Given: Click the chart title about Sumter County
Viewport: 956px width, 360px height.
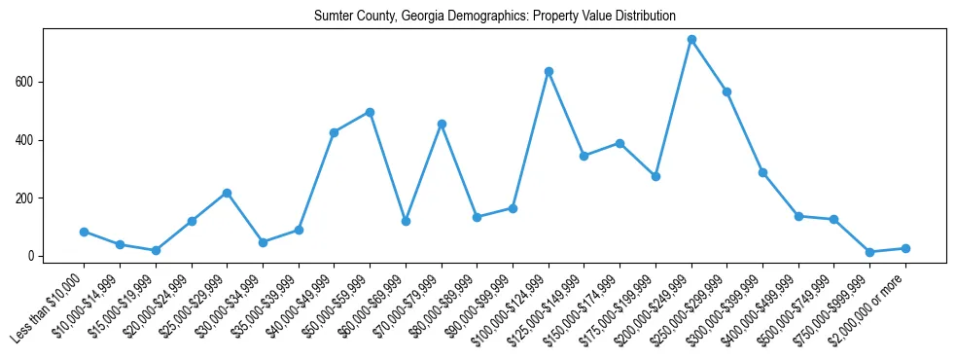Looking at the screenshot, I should (494, 17).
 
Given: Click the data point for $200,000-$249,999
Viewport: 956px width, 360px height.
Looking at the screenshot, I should (691, 40).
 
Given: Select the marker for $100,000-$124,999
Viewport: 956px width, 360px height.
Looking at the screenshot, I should (549, 71).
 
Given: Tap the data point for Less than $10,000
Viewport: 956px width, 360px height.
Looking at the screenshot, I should (84, 232).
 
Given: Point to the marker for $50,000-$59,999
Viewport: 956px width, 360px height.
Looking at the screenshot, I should (370, 112).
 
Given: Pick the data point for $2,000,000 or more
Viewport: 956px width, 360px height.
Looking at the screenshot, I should (905, 248).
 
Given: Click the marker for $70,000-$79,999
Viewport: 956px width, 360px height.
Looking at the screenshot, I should (442, 124).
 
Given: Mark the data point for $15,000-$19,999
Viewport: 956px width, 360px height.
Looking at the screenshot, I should (156, 250).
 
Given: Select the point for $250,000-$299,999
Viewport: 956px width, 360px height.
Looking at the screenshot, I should (726, 91).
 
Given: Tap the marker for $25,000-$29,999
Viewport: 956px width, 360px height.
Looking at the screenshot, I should (227, 193).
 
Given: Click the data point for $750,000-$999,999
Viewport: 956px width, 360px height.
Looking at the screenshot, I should (869, 252).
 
